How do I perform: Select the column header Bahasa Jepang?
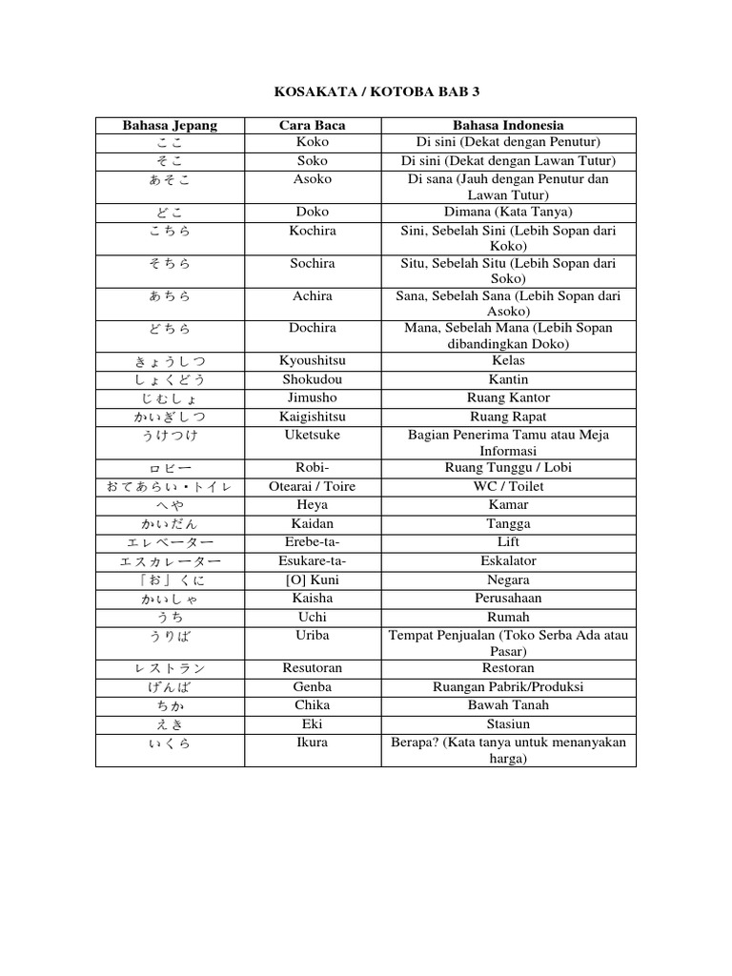pos(170,125)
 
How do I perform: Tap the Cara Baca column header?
pos(313,125)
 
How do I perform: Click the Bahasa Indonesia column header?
pos(508,125)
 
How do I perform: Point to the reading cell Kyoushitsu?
pos(313,361)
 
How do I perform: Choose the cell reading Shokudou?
pos(313,379)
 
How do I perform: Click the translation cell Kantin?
pos(508,379)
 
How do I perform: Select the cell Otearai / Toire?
pos(313,486)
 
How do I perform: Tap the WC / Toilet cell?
pos(508,486)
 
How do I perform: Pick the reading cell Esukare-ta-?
pos(313,560)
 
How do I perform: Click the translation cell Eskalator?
pos(508,560)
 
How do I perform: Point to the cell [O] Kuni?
pos(313,579)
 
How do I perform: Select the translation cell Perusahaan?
pos(508,598)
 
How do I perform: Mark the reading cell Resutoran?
pos(313,668)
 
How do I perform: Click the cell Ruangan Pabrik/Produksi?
pos(508,686)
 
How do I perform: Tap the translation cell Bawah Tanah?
pos(508,705)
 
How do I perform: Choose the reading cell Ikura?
pos(313,742)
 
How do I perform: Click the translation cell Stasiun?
pos(508,723)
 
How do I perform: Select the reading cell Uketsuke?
pos(313,435)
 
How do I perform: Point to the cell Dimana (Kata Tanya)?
pos(508,212)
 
